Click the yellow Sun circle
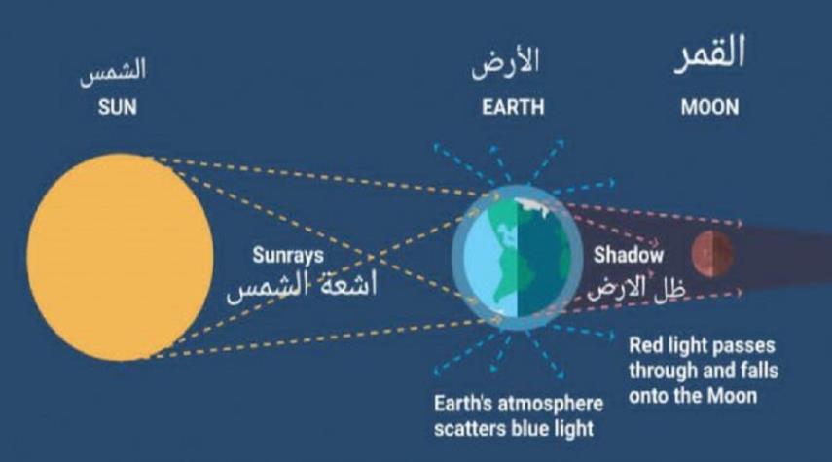tap(121, 257)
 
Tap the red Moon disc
tap(712, 254)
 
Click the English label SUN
tap(118, 108)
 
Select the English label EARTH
tap(513, 108)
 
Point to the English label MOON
tap(710, 108)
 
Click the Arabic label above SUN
tap(113, 72)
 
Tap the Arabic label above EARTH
tap(506, 63)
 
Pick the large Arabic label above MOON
tap(710, 53)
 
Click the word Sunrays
tap(288, 256)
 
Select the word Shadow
tap(629, 255)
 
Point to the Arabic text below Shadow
tap(636, 288)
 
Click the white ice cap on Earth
tap(532, 206)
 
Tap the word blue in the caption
tap(528, 429)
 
